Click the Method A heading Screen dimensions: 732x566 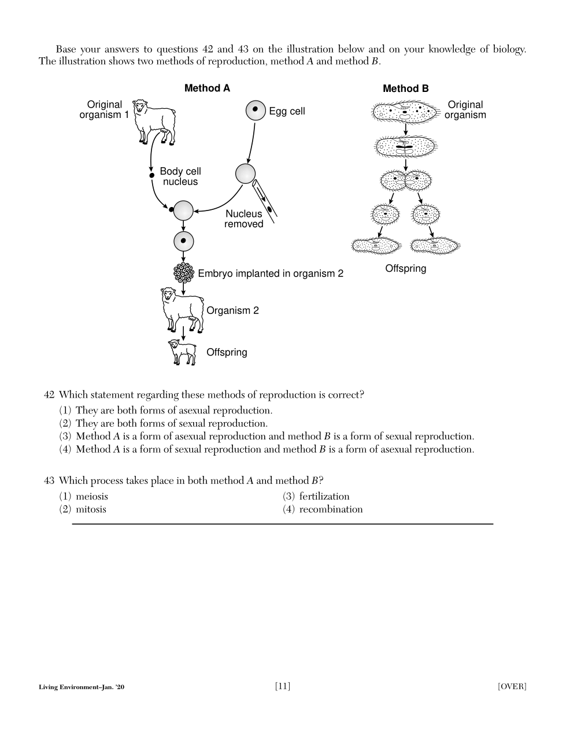(x=207, y=88)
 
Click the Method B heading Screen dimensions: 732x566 (x=405, y=88)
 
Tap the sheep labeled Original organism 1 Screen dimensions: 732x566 (x=154, y=120)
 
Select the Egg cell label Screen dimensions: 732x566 (x=287, y=111)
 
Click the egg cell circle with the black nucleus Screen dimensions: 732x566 (x=255, y=110)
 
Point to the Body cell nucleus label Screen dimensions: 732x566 (x=180, y=176)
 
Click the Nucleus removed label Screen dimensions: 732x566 (x=243, y=219)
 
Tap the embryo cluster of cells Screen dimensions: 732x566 (x=183, y=272)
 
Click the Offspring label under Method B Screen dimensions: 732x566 (x=405, y=268)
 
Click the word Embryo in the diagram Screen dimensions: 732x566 (x=214, y=273)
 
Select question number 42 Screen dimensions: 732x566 (x=49, y=395)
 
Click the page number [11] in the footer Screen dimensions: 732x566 (x=283, y=686)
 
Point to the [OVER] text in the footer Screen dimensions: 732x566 (x=512, y=687)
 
